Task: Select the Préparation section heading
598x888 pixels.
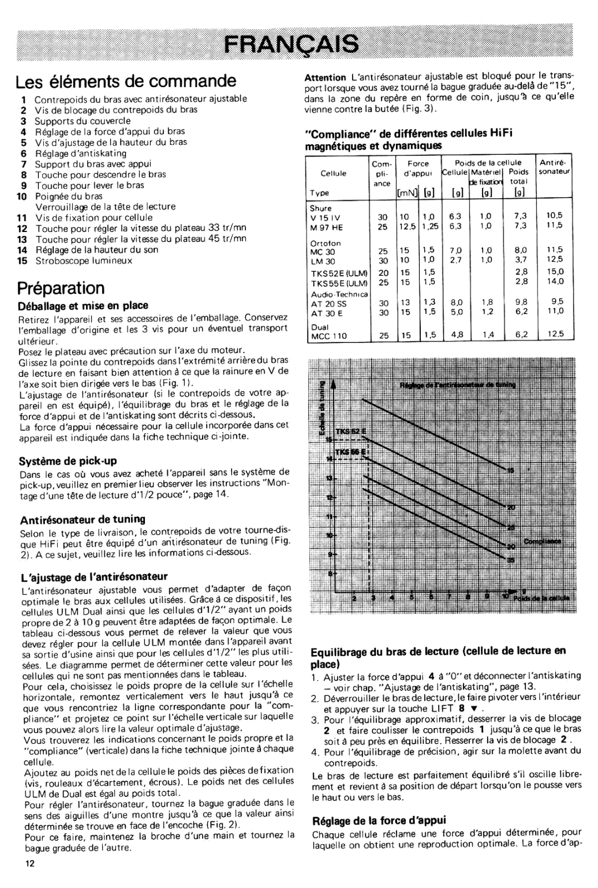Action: pos(61,287)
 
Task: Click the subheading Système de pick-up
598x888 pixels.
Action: pos(68,460)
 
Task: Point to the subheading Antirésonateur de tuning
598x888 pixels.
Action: pos(82,519)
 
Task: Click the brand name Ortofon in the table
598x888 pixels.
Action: pos(326,243)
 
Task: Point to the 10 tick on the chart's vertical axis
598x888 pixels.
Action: pos(329,535)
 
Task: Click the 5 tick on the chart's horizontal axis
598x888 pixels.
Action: pos(411,597)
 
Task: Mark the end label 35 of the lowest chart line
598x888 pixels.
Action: pos(511,561)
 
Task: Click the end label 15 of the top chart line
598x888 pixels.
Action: pos(511,470)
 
